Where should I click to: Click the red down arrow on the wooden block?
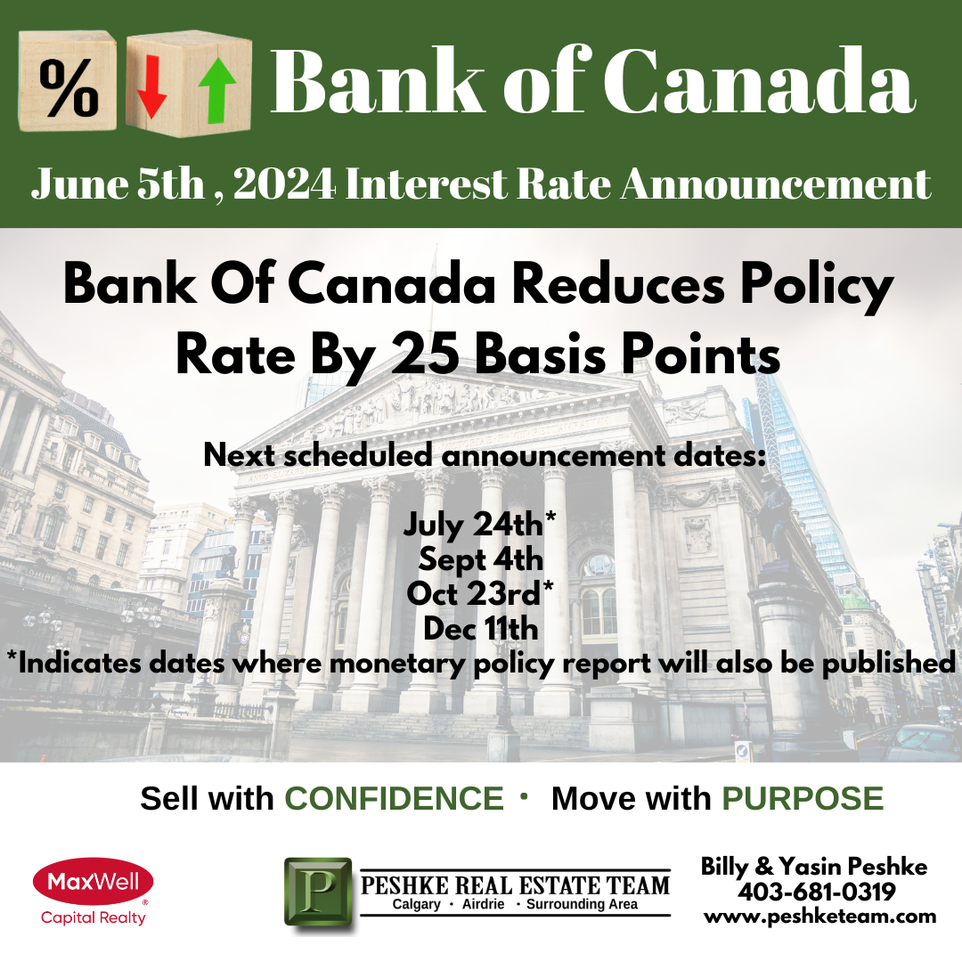(x=151, y=86)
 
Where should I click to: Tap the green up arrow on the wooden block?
(x=217, y=92)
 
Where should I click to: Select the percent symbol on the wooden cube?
(x=69, y=88)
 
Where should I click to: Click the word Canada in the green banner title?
(x=760, y=80)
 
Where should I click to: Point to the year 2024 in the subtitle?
(x=284, y=183)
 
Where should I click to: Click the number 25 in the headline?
(x=425, y=355)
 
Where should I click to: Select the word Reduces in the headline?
(x=618, y=285)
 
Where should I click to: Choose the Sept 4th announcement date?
(x=481, y=559)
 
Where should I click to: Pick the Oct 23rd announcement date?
(x=480, y=594)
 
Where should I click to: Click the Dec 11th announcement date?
(x=481, y=629)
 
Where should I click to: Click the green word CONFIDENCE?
(x=394, y=799)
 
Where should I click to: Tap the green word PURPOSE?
(x=803, y=799)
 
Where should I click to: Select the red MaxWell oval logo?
(x=94, y=882)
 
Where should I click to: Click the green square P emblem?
(x=318, y=891)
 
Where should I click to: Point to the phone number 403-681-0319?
(x=817, y=892)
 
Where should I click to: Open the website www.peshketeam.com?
(x=820, y=917)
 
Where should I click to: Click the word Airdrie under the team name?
(x=483, y=904)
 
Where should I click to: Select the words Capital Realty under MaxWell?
(x=94, y=917)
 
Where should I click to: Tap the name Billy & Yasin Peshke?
(x=814, y=867)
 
